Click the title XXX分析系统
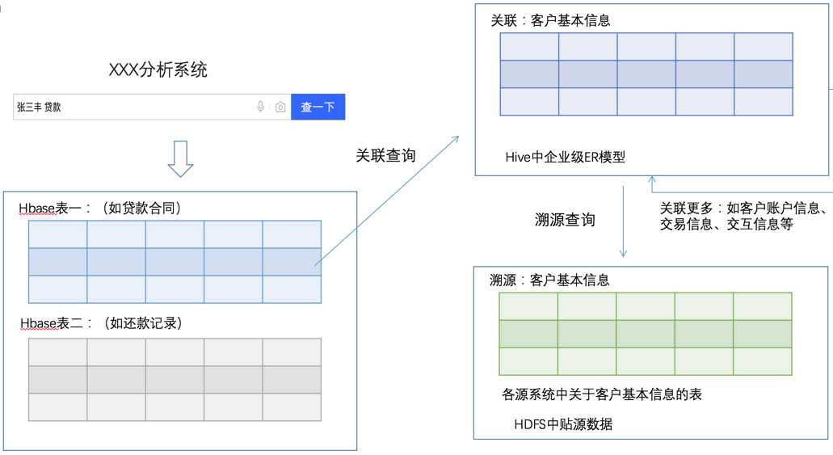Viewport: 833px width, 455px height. (x=158, y=70)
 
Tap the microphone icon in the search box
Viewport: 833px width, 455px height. (x=260, y=107)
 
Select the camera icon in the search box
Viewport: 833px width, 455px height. (x=280, y=107)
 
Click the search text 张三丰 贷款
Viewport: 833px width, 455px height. (x=39, y=107)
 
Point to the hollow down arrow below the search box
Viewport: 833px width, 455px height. (x=180, y=158)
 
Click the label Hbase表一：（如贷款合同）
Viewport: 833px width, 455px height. (x=100, y=209)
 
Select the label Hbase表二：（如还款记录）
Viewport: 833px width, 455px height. (x=102, y=323)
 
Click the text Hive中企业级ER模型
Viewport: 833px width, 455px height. (x=566, y=158)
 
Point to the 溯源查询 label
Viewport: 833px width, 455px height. (x=565, y=220)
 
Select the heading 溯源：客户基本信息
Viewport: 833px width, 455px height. (x=549, y=280)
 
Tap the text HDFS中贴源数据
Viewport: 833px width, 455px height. (x=563, y=423)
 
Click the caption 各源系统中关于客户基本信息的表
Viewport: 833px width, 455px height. (x=602, y=394)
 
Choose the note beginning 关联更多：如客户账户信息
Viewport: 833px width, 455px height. (x=743, y=216)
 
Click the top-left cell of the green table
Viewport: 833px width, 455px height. (x=528, y=307)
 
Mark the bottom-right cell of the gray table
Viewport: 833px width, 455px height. (x=292, y=407)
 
